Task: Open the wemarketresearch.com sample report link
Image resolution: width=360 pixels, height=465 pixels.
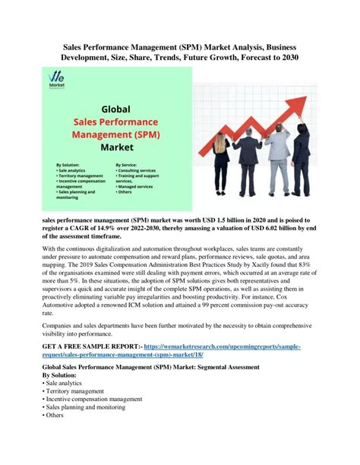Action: (x=228, y=346)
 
